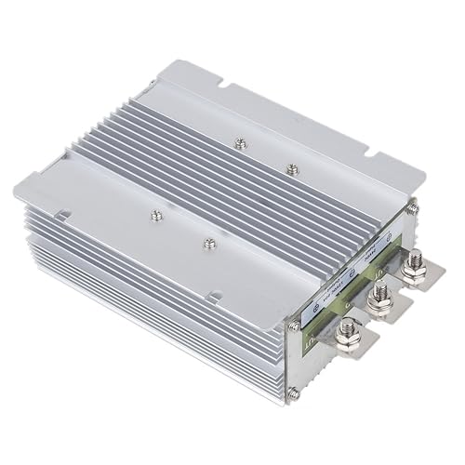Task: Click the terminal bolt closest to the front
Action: point(352,329)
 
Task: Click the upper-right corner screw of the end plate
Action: point(411,210)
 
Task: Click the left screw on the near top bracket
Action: point(153,215)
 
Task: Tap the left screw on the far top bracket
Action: point(242,142)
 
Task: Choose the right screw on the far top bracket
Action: point(292,168)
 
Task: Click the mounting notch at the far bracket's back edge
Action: point(226,88)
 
